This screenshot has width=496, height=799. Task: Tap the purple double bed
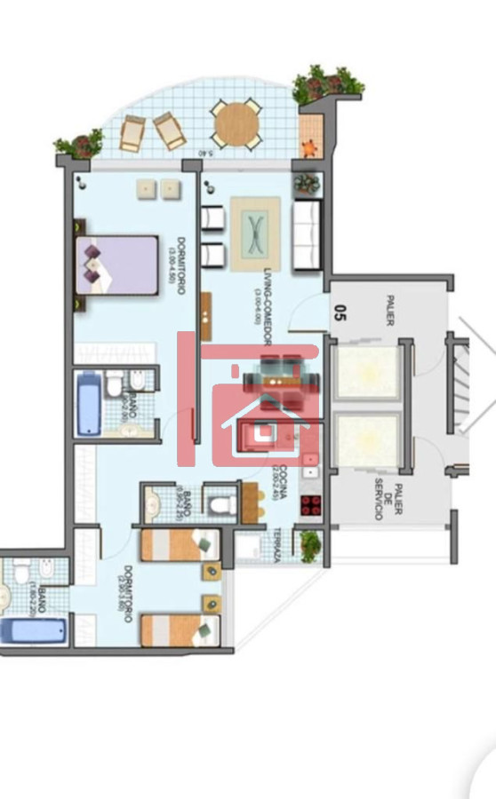(x=116, y=265)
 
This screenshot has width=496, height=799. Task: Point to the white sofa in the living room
(x=306, y=234)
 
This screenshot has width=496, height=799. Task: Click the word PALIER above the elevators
(x=390, y=311)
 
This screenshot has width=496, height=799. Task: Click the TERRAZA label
(x=276, y=544)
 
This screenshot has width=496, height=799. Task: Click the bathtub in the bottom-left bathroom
(x=33, y=631)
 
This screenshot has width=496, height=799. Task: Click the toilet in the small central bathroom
(x=220, y=504)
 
